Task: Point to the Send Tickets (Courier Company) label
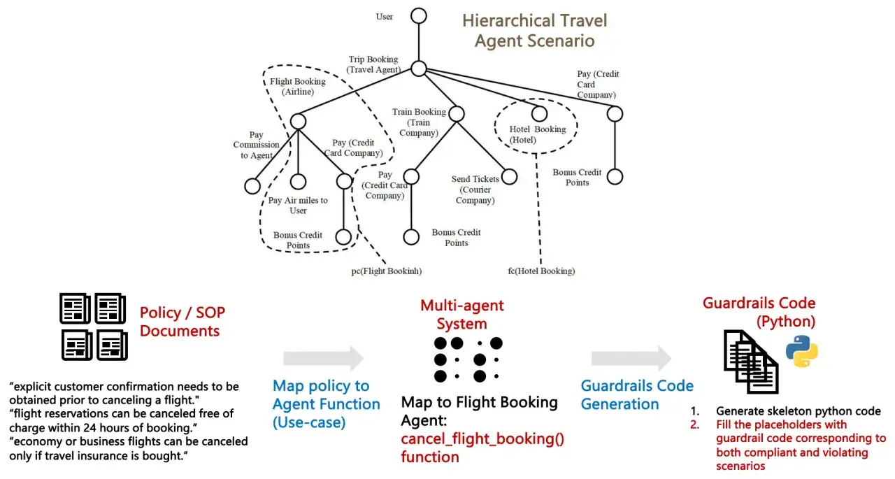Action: [475, 190]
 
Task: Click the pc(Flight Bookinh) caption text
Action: [387, 271]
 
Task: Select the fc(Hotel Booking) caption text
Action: [541, 271]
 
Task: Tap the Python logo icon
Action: [802, 351]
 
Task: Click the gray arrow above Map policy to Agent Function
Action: [323, 358]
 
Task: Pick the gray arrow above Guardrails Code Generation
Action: [631, 358]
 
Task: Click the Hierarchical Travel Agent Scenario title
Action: [535, 30]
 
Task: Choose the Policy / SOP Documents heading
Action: [182, 322]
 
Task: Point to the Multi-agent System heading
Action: [462, 315]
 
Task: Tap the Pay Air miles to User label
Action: [298, 206]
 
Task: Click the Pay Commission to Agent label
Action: [256, 145]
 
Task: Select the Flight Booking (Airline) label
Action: [298, 86]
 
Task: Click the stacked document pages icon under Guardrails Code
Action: [751, 362]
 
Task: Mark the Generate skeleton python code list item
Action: [786, 410]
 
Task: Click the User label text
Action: [385, 16]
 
